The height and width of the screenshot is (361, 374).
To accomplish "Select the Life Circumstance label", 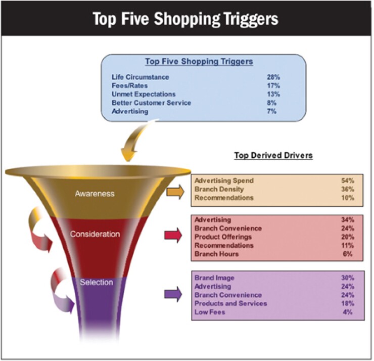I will [141, 77].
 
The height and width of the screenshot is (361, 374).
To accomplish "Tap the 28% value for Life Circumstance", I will [273, 77].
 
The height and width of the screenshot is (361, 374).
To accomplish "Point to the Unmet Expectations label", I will [144, 95].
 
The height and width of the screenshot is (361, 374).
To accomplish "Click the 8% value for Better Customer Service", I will [271, 103].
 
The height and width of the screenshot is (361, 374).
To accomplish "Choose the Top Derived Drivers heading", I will [273, 155].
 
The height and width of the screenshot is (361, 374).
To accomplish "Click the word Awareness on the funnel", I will [95, 194].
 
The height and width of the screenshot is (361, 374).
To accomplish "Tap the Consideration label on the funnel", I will [95, 235].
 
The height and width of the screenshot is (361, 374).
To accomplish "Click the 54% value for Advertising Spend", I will [348, 180].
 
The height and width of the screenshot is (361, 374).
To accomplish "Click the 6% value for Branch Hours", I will [349, 254].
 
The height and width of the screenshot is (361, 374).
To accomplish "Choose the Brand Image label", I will [215, 278].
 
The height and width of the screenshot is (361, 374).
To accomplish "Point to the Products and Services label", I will [230, 304].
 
